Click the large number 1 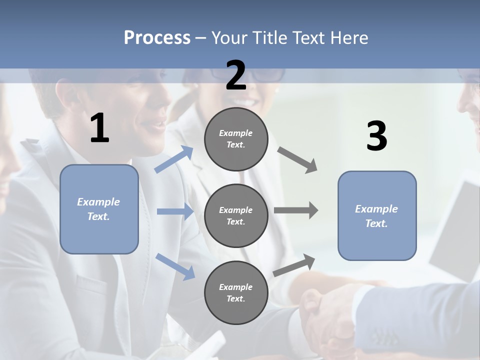(99, 128)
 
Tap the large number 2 (236, 75)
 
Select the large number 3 (376, 136)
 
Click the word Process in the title (157, 37)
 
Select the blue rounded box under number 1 (99, 209)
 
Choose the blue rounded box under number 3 (377, 215)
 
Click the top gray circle (236, 138)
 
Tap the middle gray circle (236, 215)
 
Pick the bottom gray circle (236, 292)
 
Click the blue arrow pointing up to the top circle (174, 159)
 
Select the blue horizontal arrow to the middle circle (175, 211)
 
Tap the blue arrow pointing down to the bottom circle (175, 266)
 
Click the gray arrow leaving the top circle (297, 159)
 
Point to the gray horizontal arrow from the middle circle (296, 210)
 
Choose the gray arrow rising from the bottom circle (294, 265)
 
